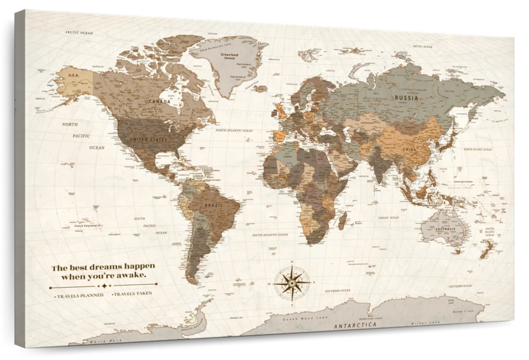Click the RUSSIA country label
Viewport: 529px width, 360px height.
click(406, 98)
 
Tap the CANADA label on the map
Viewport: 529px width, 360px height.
click(159, 101)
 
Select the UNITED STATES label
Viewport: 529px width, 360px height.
click(148, 140)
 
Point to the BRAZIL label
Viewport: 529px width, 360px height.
click(213, 205)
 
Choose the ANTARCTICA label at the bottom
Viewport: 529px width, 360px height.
click(355, 325)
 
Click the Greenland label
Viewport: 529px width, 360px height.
click(229, 56)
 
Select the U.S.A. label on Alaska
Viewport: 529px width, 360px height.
click(73, 75)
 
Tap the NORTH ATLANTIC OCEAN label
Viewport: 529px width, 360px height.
click(234, 131)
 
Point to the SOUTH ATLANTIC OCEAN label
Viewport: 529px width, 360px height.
click(270, 235)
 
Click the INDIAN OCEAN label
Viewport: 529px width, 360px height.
click(388, 217)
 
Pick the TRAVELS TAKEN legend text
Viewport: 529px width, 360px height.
click(132, 293)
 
